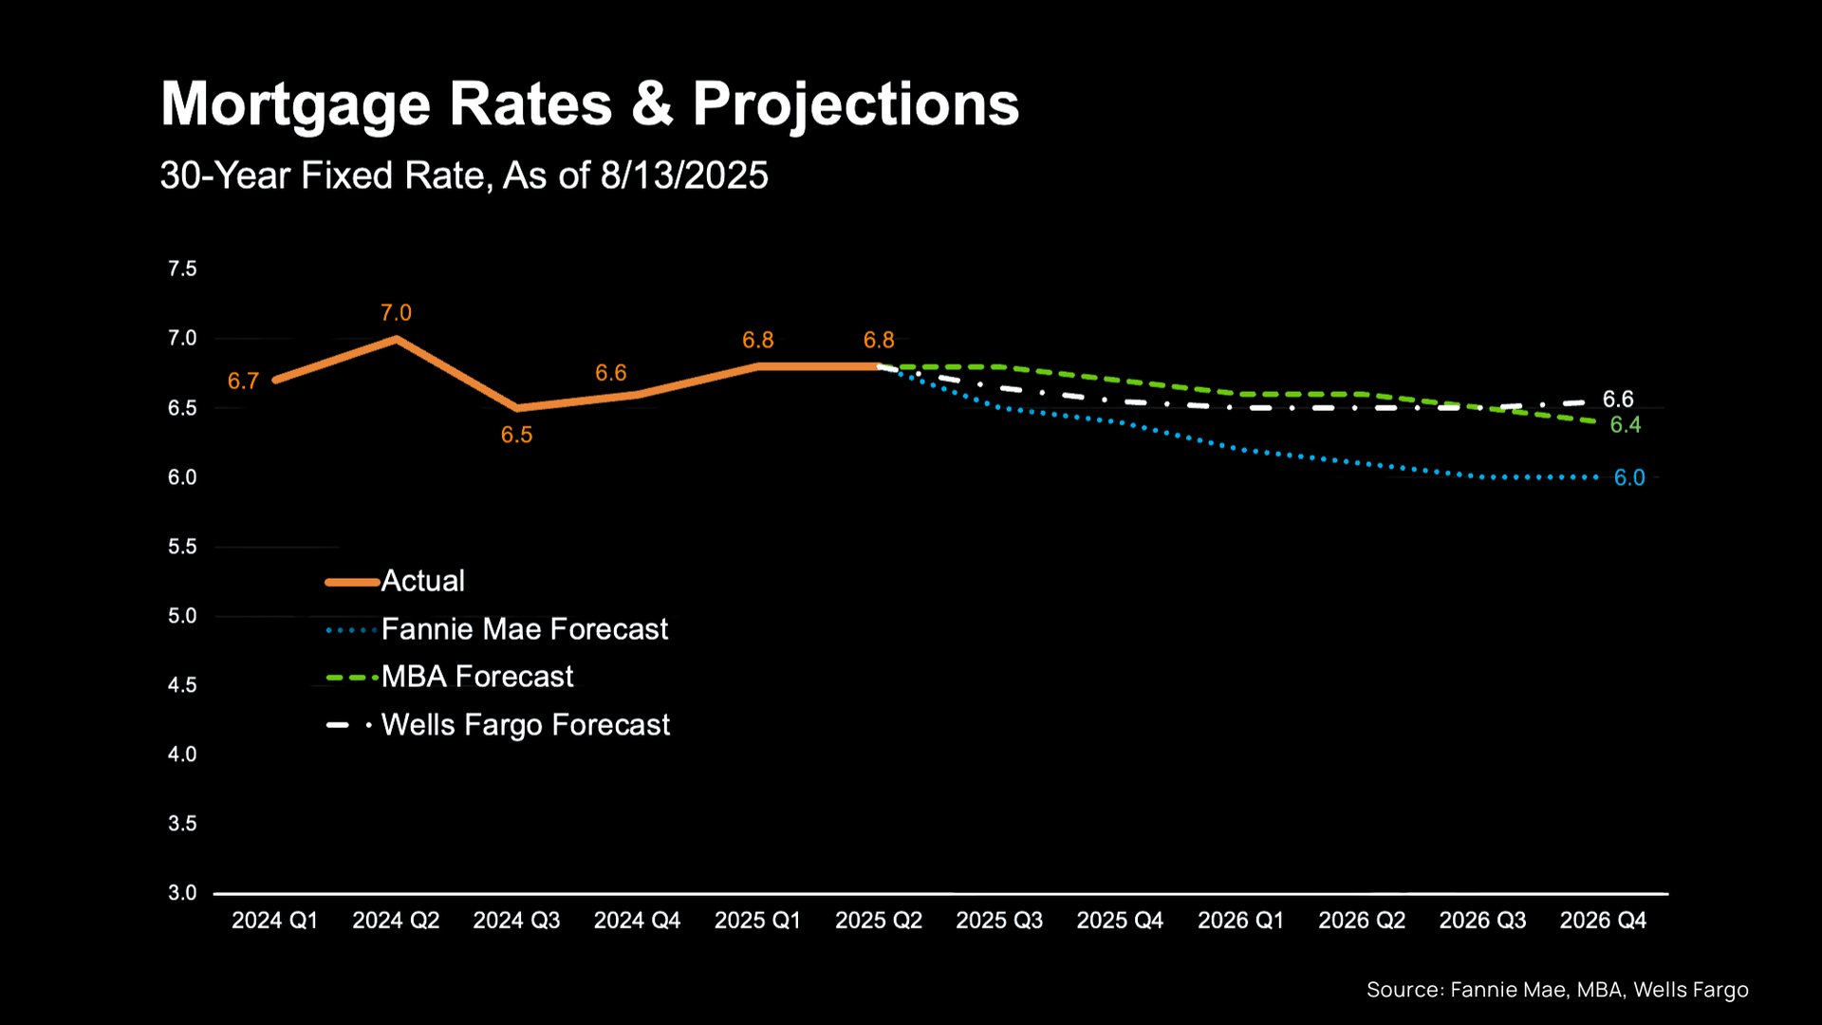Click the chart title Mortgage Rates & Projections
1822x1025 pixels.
click(x=589, y=103)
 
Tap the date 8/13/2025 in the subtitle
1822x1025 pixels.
click(x=683, y=176)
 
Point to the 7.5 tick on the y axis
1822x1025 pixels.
click(x=182, y=269)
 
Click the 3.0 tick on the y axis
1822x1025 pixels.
click(x=182, y=893)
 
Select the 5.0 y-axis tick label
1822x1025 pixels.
click(x=182, y=616)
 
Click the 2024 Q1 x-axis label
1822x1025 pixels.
click(x=274, y=921)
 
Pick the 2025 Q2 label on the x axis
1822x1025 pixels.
click(x=878, y=921)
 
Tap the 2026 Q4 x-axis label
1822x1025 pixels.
click(x=1603, y=921)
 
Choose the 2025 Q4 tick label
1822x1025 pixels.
click(x=1120, y=921)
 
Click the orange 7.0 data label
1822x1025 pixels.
click(x=396, y=313)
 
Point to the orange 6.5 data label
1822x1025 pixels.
click(x=516, y=435)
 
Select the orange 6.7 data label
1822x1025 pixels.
click(x=243, y=382)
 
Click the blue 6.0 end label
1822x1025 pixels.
click(x=1629, y=478)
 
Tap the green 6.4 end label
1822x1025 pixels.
click(x=1626, y=425)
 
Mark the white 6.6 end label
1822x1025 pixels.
click(x=1618, y=400)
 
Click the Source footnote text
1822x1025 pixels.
click(x=1556, y=990)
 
